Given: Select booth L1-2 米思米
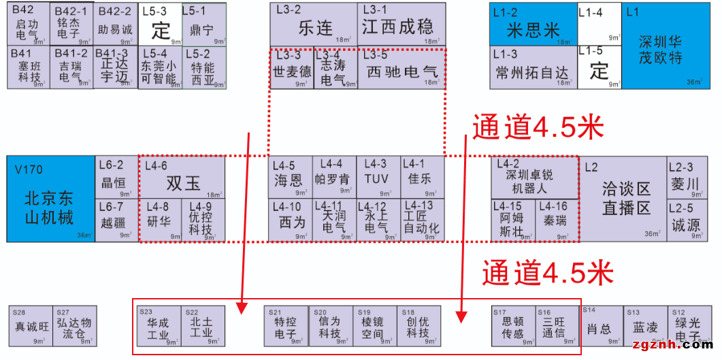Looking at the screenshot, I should [533, 24].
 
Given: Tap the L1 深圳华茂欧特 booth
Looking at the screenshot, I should [659, 46].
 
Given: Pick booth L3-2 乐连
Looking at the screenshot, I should [313, 24].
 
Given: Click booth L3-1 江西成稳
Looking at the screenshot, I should [401, 24].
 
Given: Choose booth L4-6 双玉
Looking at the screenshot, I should [182, 177].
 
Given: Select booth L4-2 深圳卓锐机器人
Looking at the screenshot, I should [534, 177].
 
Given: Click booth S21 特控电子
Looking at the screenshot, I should [286, 326].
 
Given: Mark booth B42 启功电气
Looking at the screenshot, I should [28, 24].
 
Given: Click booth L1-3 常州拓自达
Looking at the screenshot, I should [533, 67].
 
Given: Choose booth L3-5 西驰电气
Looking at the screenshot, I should [401, 68].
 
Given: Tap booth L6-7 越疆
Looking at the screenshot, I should [116, 220].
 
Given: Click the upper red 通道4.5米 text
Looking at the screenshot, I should [538, 127].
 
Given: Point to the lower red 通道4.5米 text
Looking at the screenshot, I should [548, 272].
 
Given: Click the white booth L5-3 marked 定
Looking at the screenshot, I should [161, 24].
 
